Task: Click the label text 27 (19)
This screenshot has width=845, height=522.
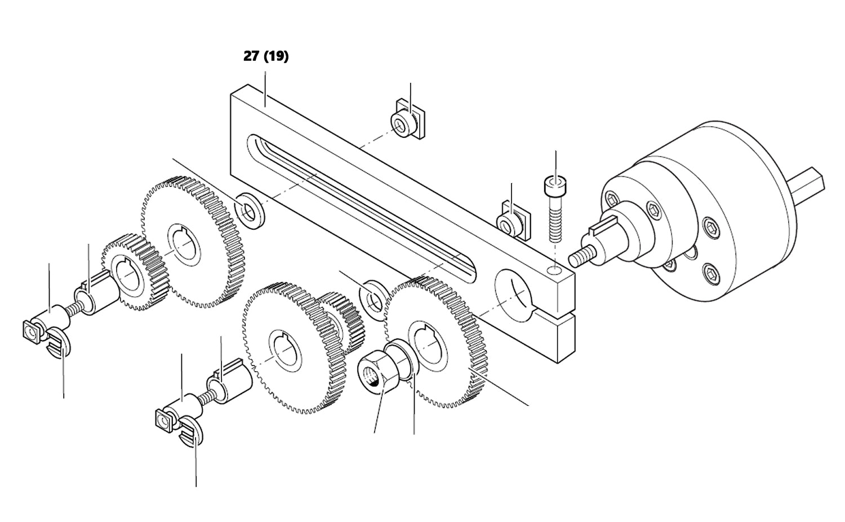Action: click(266, 56)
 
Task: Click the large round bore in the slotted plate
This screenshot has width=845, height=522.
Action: click(515, 291)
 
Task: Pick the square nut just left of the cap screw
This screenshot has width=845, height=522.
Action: click(512, 222)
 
